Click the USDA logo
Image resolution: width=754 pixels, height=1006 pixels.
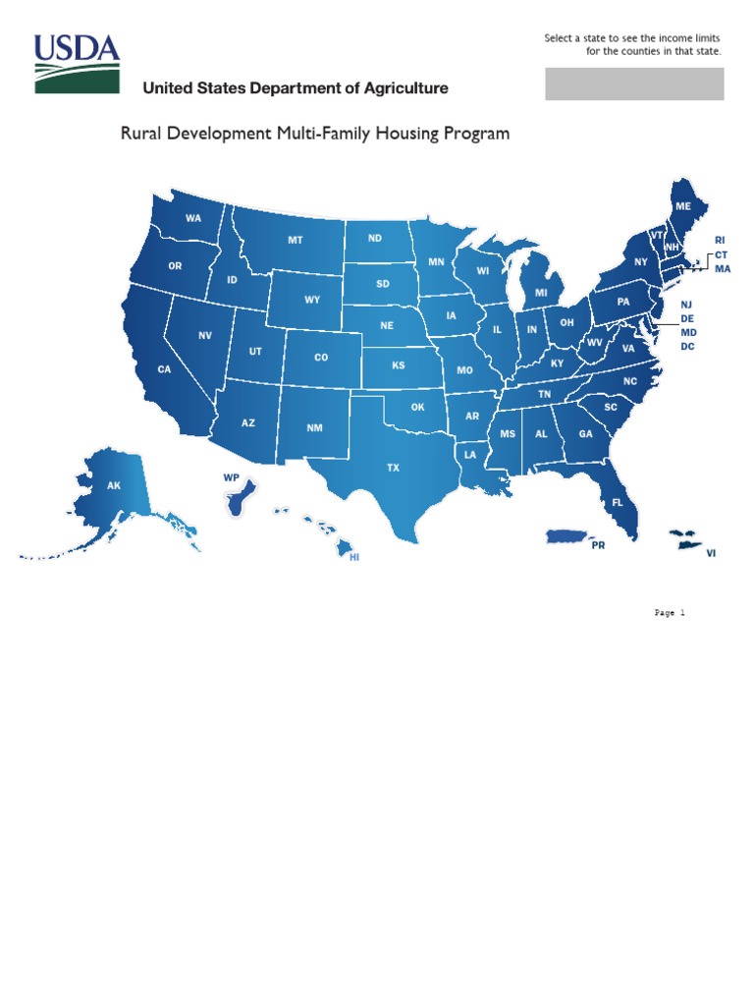(x=77, y=63)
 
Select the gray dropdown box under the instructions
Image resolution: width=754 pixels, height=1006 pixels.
(x=634, y=84)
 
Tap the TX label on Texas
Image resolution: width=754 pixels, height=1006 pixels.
(x=393, y=469)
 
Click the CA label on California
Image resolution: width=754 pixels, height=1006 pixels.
(x=165, y=369)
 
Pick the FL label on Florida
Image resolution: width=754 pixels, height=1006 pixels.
(x=618, y=502)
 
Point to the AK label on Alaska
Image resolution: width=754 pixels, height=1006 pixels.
(x=114, y=485)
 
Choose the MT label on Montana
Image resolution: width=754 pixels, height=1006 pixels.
(x=296, y=240)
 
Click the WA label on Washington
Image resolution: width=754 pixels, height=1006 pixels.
(x=193, y=218)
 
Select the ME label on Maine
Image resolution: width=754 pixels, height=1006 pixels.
(x=683, y=205)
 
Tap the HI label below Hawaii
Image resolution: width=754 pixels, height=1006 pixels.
(x=355, y=557)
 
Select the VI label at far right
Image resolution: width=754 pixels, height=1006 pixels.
(x=711, y=553)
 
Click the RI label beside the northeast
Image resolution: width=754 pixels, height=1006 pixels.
(x=719, y=240)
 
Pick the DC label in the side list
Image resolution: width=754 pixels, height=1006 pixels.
(x=687, y=347)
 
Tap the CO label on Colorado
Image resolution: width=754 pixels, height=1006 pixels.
(x=321, y=358)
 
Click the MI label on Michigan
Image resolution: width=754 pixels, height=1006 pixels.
(x=541, y=293)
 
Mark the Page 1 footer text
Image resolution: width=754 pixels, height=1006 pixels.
(x=670, y=612)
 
